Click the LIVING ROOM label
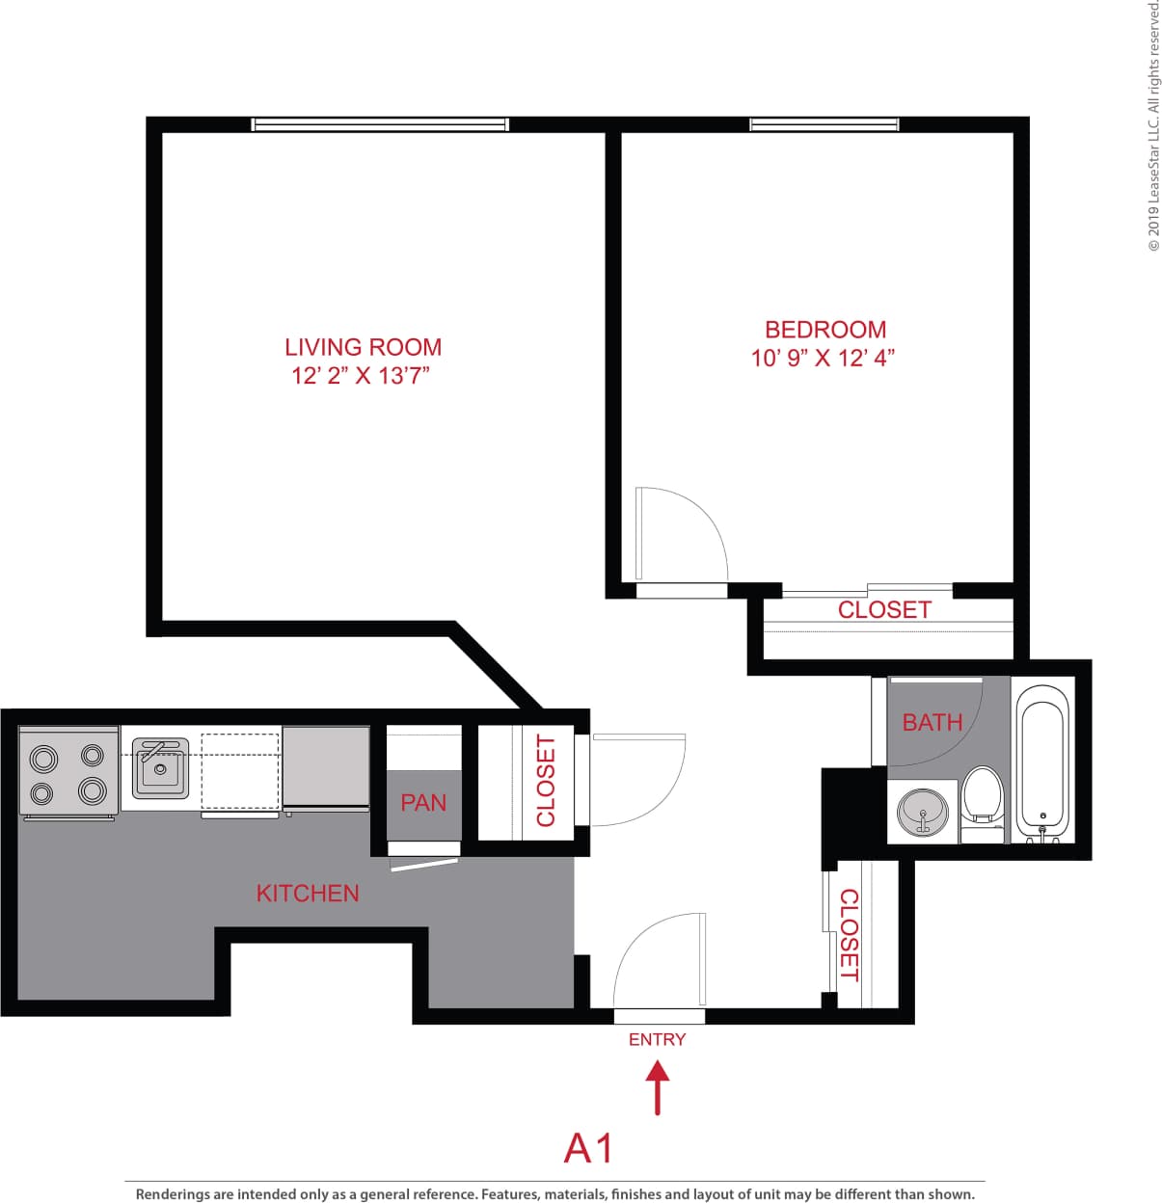tap(363, 347)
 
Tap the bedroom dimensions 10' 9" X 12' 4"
tap(823, 359)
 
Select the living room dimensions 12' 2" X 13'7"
tap(360, 376)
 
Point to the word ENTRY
tap(657, 1039)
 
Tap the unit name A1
tap(588, 1149)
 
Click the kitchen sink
tap(160, 768)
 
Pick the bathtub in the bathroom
tap(1042, 762)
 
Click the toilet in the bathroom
tap(983, 794)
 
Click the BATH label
tap(932, 722)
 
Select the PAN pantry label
tap(423, 802)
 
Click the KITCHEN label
tap(308, 894)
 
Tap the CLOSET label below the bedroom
tap(883, 610)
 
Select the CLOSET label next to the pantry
tap(546, 781)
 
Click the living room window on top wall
tap(379, 124)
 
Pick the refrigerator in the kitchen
tap(326, 768)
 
